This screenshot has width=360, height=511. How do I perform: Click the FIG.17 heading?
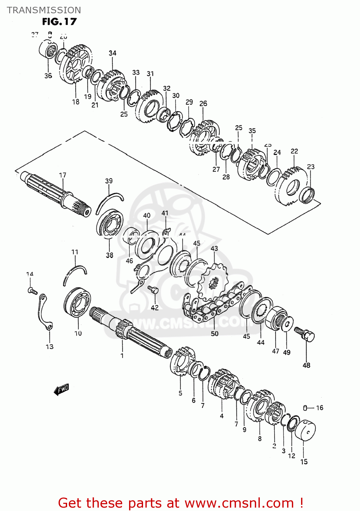point(59,21)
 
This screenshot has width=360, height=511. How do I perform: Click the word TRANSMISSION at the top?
point(44,10)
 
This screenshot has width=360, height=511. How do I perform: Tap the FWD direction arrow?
point(62,389)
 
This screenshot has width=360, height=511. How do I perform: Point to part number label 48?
point(306,365)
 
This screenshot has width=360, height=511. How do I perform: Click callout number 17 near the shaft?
point(63,175)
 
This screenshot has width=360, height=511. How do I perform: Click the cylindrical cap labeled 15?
point(305,430)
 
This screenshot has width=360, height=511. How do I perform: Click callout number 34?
point(112,53)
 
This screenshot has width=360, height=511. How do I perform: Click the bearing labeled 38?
point(109,223)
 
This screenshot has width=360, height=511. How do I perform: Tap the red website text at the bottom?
point(181,503)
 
